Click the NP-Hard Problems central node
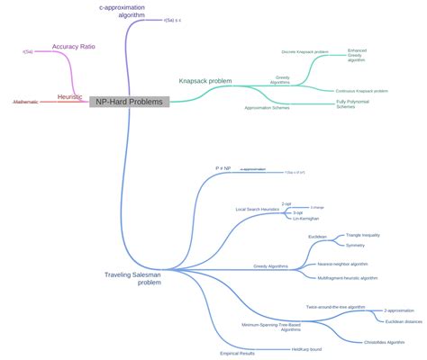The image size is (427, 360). click(129, 102)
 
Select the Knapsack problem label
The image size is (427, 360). click(205, 81)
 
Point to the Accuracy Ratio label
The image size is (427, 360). click(73, 46)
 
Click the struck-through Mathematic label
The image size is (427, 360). click(26, 103)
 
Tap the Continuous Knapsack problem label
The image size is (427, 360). click(361, 91)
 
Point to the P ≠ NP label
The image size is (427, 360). click(223, 168)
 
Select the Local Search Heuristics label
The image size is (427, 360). click(258, 210)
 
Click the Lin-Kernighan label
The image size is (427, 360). click(305, 219)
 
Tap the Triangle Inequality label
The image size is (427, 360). click(364, 235)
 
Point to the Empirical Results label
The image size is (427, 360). click(238, 353)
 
